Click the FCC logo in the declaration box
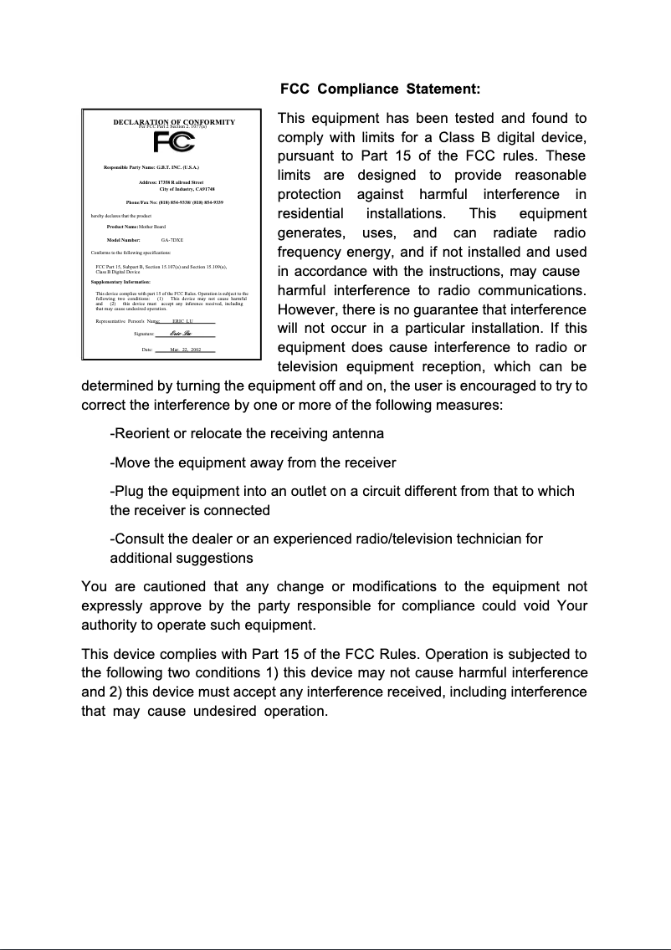(173, 141)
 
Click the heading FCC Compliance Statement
(380, 89)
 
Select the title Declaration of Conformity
(173, 122)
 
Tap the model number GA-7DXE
(172, 239)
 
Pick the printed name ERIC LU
(183, 320)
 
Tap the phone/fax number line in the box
(174, 203)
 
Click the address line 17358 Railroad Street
(170, 182)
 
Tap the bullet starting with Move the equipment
(253, 462)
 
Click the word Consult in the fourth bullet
(139, 539)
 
